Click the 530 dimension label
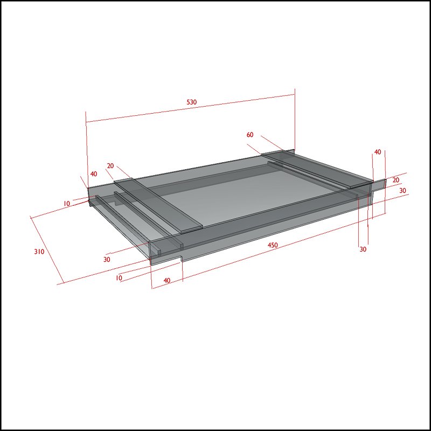pyautogui.click(x=192, y=102)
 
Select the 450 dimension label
pyautogui.click(x=273, y=245)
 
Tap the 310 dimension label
pyautogui.click(x=39, y=251)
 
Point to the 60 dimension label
pyautogui.click(x=250, y=135)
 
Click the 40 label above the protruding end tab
pyautogui.click(x=378, y=152)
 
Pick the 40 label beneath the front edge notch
pyautogui.click(x=167, y=280)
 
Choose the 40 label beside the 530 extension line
pyautogui.click(x=94, y=174)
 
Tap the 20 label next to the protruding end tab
pyautogui.click(x=396, y=180)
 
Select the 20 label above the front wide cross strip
pyautogui.click(x=110, y=166)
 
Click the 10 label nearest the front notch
pyautogui.click(x=119, y=278)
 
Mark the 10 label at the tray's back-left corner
pyautogui.click(x=66, y=204)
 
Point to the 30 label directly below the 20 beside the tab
pyautogui.click(x=402, y=191)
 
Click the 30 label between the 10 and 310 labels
pyautogui.click(x=107, y=259)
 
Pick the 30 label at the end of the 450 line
pyautogui.click(x=363, y=249)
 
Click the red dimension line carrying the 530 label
pyautogui.click(x=191, y=108)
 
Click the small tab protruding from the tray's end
pyautogui.click(x=380, y=185)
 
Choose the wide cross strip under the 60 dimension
pyautogui.click(x=317, y=168)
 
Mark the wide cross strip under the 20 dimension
pyautogui.click(x=158, y=205)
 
